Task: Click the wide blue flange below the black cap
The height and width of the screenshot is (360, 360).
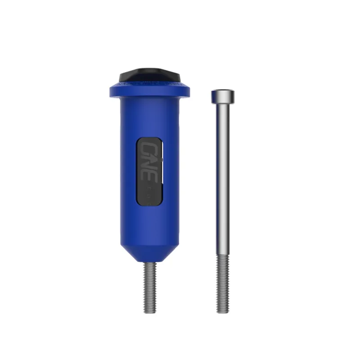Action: click(x=149, y=90)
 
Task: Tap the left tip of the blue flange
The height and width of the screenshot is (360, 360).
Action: click(x=110, y=91)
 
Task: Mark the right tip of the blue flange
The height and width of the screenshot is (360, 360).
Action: click(x=188, y=91)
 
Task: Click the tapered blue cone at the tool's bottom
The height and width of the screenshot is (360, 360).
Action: click(x=149, y=252)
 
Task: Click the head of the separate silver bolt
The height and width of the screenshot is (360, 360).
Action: click(x=223, y=95)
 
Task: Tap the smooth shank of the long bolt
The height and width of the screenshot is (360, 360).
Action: click(x=223, y=180)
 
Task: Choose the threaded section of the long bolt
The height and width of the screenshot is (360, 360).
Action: click(x=223, y=283)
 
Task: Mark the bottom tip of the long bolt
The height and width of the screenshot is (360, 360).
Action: click(x=223, y=311)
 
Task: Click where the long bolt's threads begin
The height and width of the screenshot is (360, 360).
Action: click(x=223, y=256)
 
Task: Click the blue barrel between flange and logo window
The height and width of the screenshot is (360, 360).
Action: click(x=149, y=117)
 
